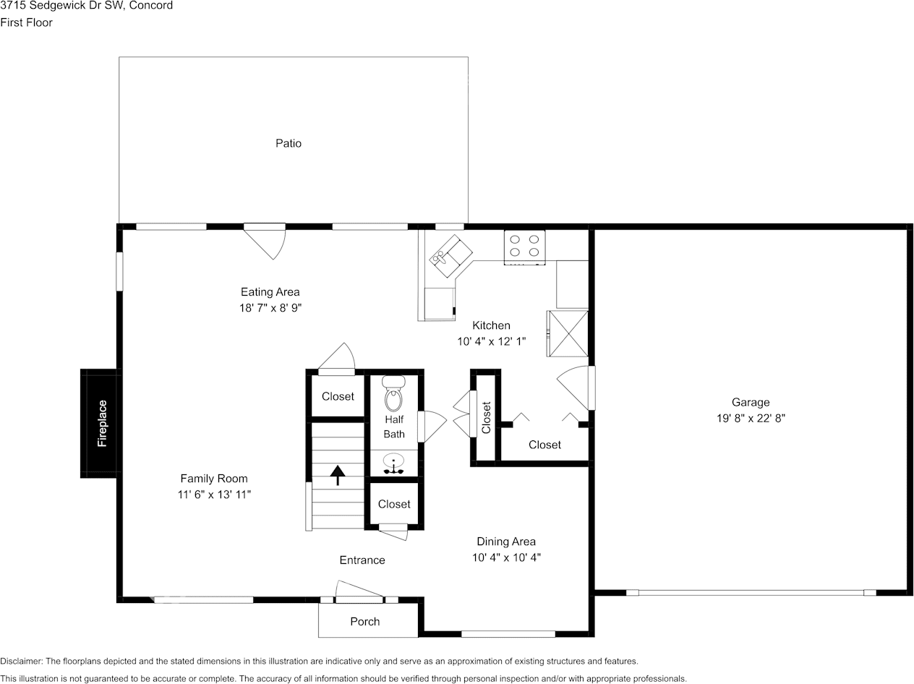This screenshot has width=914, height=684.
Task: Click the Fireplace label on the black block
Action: pyautogui.click(x=102, y=423)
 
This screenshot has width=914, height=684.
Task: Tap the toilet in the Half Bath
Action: pyautogui.click(x=393, y=393)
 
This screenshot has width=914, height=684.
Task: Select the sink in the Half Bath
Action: pyautogui.click(x=394, y=463)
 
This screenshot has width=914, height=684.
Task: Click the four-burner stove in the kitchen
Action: pyautogui.click(x=524, y=246)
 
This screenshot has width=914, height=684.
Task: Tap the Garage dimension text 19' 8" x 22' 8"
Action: pyautogui.click(x=750, y=418)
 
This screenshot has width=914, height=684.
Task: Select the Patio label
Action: pyautogui.click(x=288, y=143)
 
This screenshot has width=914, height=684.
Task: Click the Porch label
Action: pyautogui.click(x=364, y=622)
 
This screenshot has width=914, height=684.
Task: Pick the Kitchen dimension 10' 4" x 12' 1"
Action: pyautogui.click(x=491, y=341)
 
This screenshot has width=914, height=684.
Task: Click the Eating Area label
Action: pyautogui.click(x=270, y=292)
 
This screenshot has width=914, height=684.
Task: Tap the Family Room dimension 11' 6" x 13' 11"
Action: pyautogui.click(x=214, y=495)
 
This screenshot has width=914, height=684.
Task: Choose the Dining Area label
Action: pyautogui.click(x=506, y=542)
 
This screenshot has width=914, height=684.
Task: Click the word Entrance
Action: pyautogui.click(x=362, y=560)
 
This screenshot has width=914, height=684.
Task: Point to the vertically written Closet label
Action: pyautogui.click(x=486, y=417)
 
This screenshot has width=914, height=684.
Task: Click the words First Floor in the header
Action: pyautogui.click(x=26, y=22)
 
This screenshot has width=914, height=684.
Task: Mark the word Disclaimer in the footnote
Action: pyautogui.click(x=20, y=662)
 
